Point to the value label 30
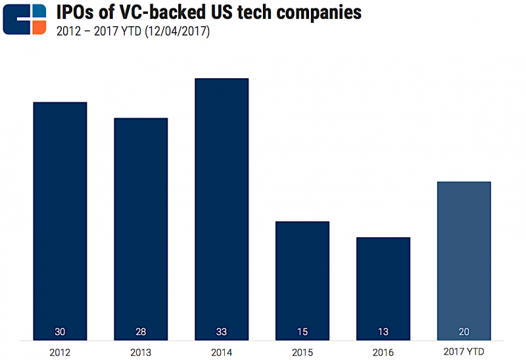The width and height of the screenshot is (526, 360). (60, 332)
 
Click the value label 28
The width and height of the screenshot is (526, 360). (141, 332)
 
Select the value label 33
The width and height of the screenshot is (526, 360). (222, 332)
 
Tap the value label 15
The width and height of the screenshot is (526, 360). (302, 332)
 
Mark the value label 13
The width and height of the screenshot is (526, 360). (383, 332)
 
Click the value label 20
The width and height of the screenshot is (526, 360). (464, 332)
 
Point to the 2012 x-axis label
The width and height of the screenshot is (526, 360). (60, 351)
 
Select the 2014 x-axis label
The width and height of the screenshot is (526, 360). (222, 351)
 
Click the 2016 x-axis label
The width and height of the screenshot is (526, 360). (383, 351)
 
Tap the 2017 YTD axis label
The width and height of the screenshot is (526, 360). (464, 351)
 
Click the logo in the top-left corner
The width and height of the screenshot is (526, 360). (24, 19)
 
